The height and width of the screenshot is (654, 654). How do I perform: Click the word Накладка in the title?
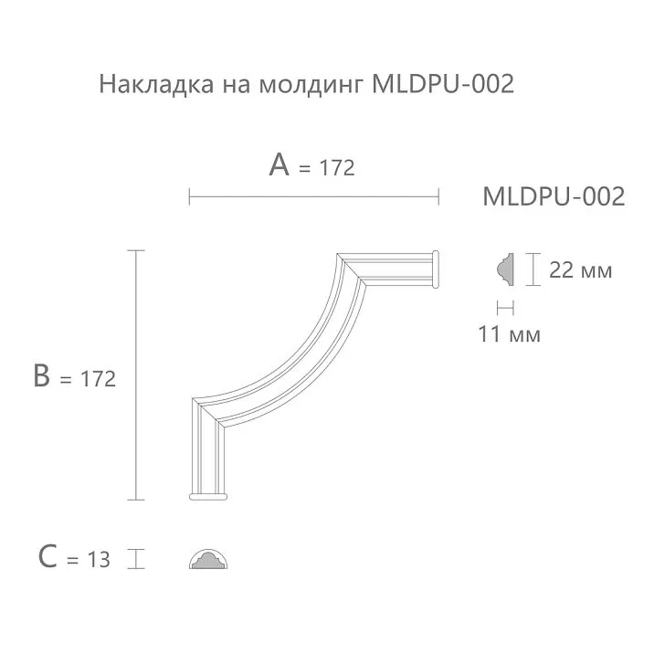coord(142,86)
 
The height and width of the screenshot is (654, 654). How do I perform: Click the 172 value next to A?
coord(337,169)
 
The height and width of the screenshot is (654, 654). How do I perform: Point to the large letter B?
coord(41,375)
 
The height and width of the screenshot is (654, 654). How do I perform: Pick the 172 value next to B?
coord(99,379)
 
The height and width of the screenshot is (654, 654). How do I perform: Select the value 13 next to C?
coord(98,560)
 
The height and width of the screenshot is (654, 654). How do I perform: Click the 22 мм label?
coord(580,271)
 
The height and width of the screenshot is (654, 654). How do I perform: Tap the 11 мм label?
coord(509,334)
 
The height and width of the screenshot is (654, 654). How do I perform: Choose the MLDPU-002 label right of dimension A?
coord(553,196)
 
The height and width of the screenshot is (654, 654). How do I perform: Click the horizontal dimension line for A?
coord(313,195)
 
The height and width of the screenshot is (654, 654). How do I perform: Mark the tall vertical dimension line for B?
coord(136,374)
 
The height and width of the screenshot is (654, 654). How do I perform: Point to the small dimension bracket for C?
coord(136,558)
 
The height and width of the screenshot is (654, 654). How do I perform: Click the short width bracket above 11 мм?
coord(505,308)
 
